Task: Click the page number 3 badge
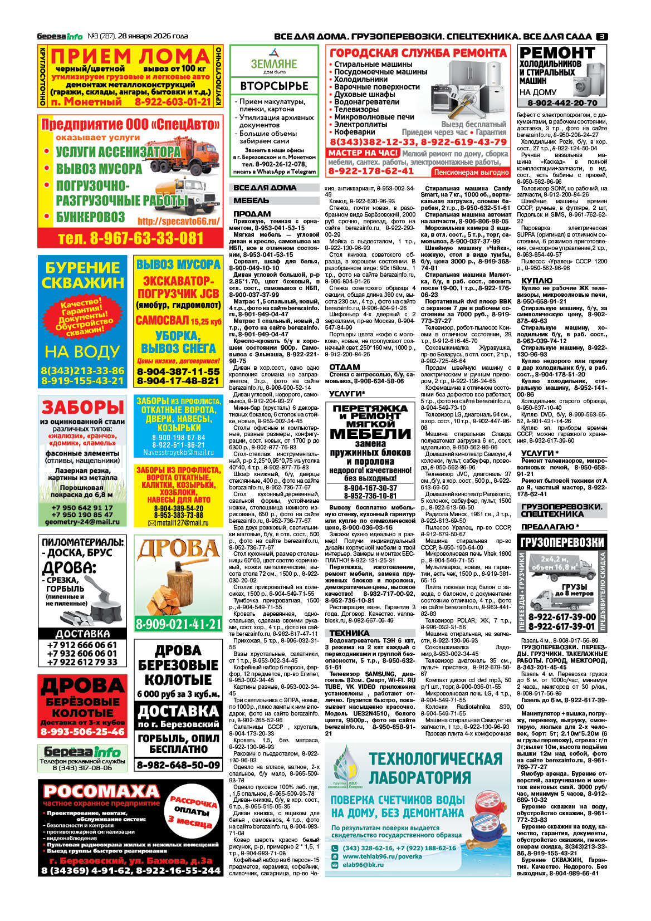(x=602, y=36)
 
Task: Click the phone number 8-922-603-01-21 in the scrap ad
(x=173, y=102)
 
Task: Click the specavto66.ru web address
(x=178, y=221)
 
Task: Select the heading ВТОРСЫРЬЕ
(x=274, y=86)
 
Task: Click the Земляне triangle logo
(x=274, y=53)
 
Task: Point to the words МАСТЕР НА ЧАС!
(x=363, y=153)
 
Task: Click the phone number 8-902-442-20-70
(x=562, y=103)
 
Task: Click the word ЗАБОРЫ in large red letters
(x=82, y=407)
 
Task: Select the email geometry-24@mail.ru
(x=82, y=522)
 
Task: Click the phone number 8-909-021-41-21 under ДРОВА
(x=178, y=624)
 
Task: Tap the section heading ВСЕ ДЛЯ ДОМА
(x=265, y=188)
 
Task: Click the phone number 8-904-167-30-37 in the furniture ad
(x=370, y=488)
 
